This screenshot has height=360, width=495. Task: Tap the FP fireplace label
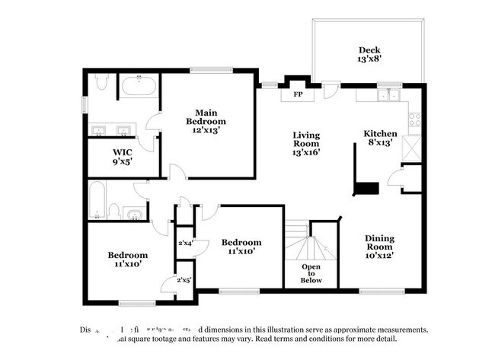coord(298,95)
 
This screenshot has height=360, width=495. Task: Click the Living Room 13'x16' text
coord(306,143)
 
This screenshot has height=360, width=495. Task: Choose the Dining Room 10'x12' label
coord(378,246)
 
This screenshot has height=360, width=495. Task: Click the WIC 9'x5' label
coord(123,156)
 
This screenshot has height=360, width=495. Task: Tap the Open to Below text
coord(311,273)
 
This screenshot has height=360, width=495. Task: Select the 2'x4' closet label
coord(185,243)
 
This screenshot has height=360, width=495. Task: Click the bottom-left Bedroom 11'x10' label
coord(127,259)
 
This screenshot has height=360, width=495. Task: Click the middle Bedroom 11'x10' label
coord(241,247)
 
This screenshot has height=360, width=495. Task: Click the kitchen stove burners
coord(414,119)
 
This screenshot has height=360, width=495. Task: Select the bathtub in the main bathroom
coord(138,88)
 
